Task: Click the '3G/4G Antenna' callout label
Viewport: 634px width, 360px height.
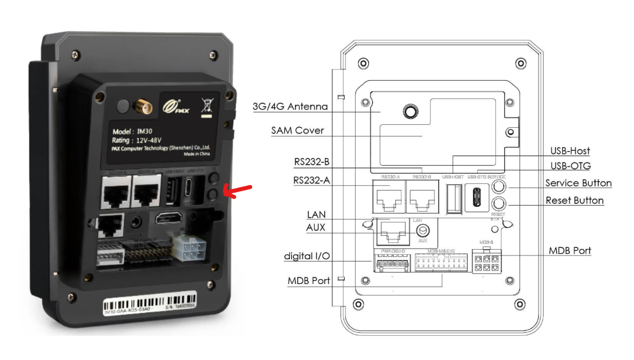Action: pyautogui.click(x=290, y=107)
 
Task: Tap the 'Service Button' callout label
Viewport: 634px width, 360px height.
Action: pyautogui.click(x=579, y=183)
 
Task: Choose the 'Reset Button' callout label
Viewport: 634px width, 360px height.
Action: pyautogui.click(x=574, y=200)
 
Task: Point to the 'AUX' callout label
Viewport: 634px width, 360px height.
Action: pyautogui.click(x=316, y=228)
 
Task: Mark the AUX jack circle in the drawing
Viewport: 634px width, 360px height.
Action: pyautogui.click(x=422, y=230)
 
